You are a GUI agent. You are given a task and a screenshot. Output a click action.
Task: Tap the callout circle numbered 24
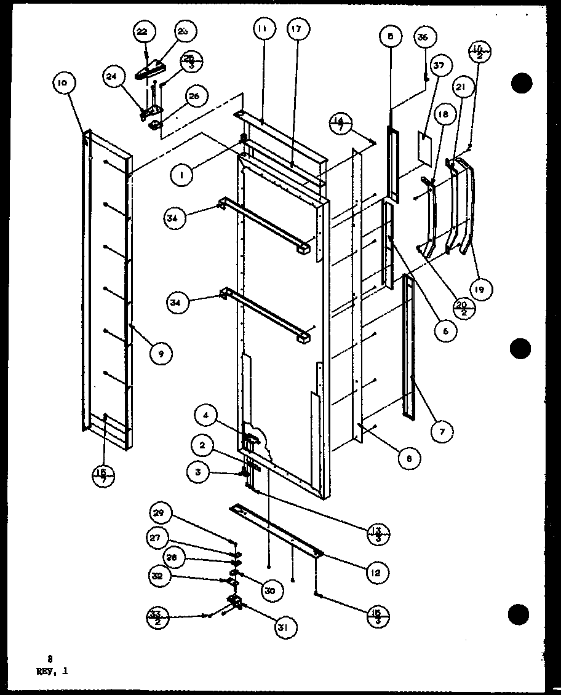coord(112,77)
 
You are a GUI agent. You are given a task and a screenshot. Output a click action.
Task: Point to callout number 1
coord(181,174)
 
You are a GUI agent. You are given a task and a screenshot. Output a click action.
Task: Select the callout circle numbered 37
coord(458,66)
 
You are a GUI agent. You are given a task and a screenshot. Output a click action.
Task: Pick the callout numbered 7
coord(442,431)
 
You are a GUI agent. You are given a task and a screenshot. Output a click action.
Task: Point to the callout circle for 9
coord(161,353)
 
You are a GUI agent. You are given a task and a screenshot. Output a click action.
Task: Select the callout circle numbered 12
coord(376,573)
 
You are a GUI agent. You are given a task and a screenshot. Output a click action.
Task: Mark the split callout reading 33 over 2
coord(158,614)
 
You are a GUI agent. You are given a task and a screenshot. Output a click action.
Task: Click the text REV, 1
coord(52,672)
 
